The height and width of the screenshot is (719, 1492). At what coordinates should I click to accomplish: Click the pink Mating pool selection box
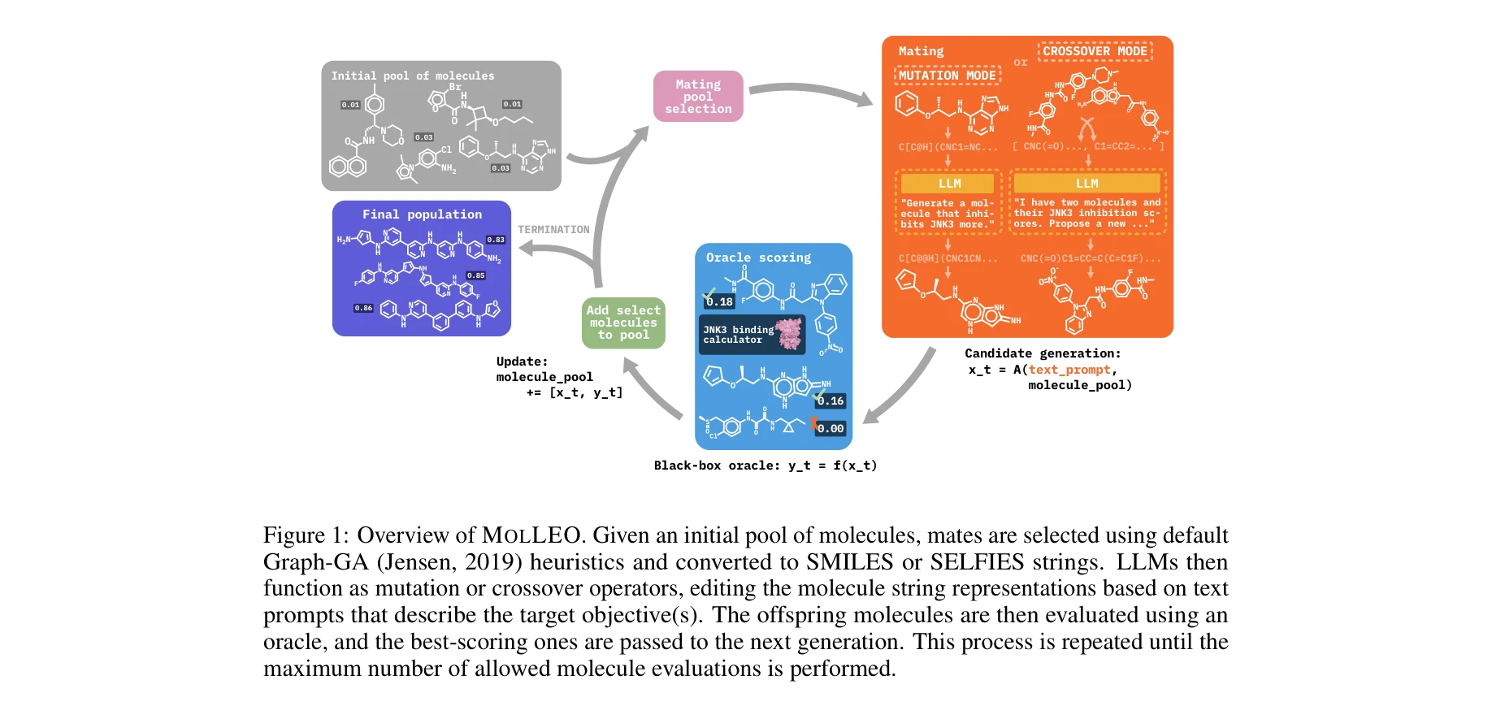click(698, 97)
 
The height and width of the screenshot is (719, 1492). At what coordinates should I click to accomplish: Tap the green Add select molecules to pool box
click(623, 323)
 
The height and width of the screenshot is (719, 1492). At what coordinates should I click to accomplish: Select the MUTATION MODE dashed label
click(948, 76)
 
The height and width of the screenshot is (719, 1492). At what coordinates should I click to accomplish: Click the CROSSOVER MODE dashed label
click(1095, 51)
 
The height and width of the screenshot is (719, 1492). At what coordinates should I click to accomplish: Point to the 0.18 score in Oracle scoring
click(720, 301)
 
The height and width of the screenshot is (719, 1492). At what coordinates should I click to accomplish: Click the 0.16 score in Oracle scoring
click(831, 401)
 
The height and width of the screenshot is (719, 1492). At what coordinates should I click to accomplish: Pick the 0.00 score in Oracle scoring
click(831, 428)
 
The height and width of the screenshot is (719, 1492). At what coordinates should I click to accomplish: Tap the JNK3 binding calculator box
click(752, 335)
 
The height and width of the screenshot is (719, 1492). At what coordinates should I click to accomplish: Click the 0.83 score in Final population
click(496, 240)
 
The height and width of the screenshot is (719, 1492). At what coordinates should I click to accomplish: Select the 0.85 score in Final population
click(475, 275)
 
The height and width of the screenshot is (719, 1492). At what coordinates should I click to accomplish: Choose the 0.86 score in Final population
click(363, 308)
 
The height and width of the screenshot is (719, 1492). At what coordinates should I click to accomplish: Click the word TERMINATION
click(553, 230)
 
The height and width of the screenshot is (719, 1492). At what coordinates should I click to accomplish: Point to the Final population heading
click(422, 214)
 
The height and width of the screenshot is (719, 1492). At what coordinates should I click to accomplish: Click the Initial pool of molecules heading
click(412, 76)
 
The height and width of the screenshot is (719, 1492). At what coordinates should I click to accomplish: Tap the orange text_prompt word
click(1069, 370)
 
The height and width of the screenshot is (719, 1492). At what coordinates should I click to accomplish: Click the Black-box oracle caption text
click(765, 466)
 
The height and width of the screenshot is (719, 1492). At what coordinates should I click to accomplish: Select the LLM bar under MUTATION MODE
click(948, 184)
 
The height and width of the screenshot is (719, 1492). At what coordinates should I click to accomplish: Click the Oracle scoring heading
click(758, 258)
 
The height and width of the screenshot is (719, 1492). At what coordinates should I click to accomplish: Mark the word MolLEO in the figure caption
click(531, 535)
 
